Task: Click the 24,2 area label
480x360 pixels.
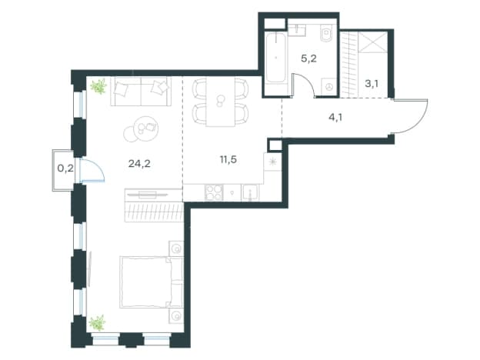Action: click(x=139, y=164)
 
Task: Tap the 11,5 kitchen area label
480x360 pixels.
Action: click(x=228, y=159)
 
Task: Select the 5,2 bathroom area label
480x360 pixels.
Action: click(x=308, y=58)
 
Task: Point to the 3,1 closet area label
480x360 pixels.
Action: click(x=372, y=83)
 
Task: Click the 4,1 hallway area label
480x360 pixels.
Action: click(x=335, y=117)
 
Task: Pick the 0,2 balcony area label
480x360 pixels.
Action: click(x=65, y=168)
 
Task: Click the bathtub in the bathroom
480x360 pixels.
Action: click(x=276, y=58)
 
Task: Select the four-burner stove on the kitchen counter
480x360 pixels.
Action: click(x=214, y=193)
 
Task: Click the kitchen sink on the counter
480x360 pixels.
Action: click(x=251, y=193)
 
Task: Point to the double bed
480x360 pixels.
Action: click(x=152, y=282)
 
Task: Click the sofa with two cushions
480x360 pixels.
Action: click(x=141, y=92)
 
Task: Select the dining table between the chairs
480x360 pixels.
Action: click(x=221, y=102)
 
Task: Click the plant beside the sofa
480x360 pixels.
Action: click(x=98, y=86)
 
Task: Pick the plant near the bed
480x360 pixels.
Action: click(x=98, y=323)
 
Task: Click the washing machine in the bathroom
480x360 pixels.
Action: click(x=329, y=87)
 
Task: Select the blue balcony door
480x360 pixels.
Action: click(x=92, y=170)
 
